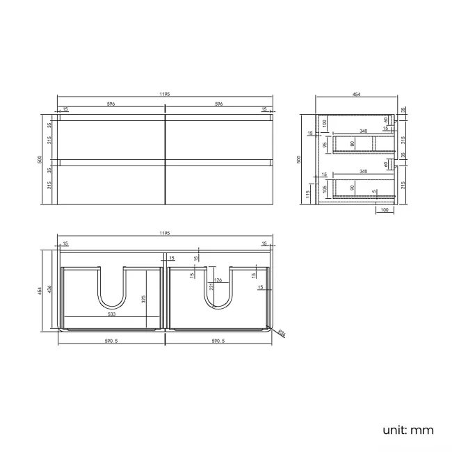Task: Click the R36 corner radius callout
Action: (x=281, y=334)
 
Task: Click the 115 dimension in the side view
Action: (x=309, y=195)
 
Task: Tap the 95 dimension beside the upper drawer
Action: (x=325, y=145)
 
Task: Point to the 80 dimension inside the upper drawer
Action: (x=352, y=144)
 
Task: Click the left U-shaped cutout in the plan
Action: (x=111, y=289)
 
